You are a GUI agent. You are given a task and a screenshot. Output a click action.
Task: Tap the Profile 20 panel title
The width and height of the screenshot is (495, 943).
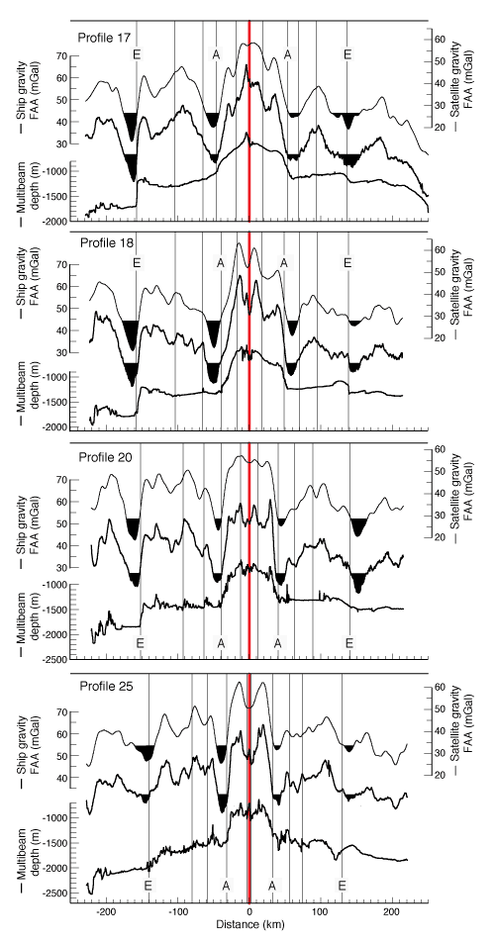point(105,456)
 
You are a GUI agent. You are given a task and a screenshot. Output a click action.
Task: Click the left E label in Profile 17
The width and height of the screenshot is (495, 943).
point(137,54)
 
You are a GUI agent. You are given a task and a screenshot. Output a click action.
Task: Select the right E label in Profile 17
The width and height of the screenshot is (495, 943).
point(347,54)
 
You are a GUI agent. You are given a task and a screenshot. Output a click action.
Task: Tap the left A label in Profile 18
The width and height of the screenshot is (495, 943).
point(220,262)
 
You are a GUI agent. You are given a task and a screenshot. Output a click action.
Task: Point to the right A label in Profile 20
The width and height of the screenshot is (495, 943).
point(278,643)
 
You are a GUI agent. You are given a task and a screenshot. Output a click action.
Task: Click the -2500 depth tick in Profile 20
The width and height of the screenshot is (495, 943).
point(56,660)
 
